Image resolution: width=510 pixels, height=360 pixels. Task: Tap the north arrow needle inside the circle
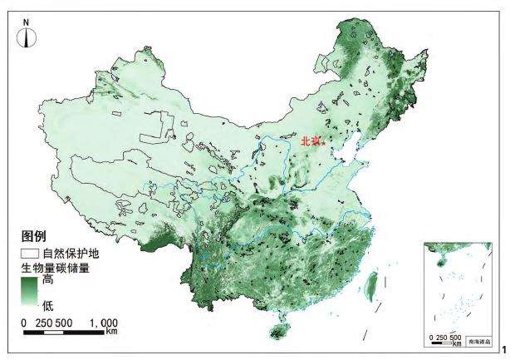pyautogui.click(x=28, y=36)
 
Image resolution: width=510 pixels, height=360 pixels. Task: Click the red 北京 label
pyautogui.click(x=310, y=141)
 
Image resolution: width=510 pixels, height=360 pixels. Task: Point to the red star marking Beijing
pyautogui.click(x=322, y=144)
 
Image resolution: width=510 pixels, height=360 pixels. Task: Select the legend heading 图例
pyautogui.click(x=32, y=236)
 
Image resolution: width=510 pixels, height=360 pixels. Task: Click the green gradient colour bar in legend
pyautogui.click(x=29, y=293)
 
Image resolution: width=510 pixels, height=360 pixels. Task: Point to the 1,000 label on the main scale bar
pyautogui.click(x=102, y=321)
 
